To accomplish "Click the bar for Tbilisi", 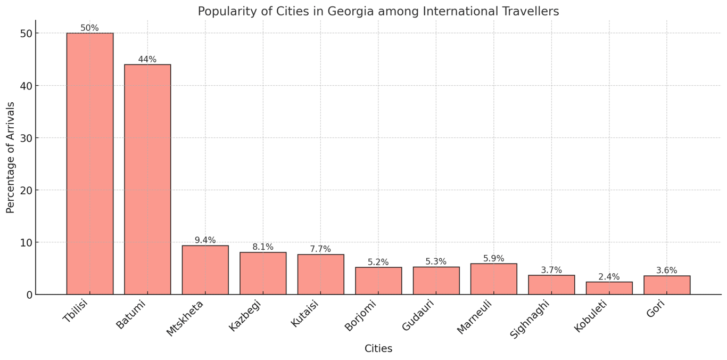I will point(90,163).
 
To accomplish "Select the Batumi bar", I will point(147,179).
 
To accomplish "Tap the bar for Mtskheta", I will point(205,270).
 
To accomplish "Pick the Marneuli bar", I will point(494,279).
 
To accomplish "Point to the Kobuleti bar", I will point(609,288).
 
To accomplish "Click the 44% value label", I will point(147,60).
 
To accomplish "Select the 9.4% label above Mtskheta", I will point(205,240).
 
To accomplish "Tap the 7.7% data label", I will point(320,249).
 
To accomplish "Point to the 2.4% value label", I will point(609,277).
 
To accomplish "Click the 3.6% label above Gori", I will point(666,271).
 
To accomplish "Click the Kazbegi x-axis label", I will point(245,316).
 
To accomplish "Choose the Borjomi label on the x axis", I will point(360,316).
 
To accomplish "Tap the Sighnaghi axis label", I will point(529,319).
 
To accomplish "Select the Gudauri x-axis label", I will point(418,315).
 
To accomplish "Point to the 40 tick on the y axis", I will point(27,86).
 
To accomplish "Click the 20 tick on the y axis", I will point(27,190).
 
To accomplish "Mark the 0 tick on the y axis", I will point(29,294).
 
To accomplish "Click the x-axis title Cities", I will point(378,349).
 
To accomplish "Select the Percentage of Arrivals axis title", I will point(11,158).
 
